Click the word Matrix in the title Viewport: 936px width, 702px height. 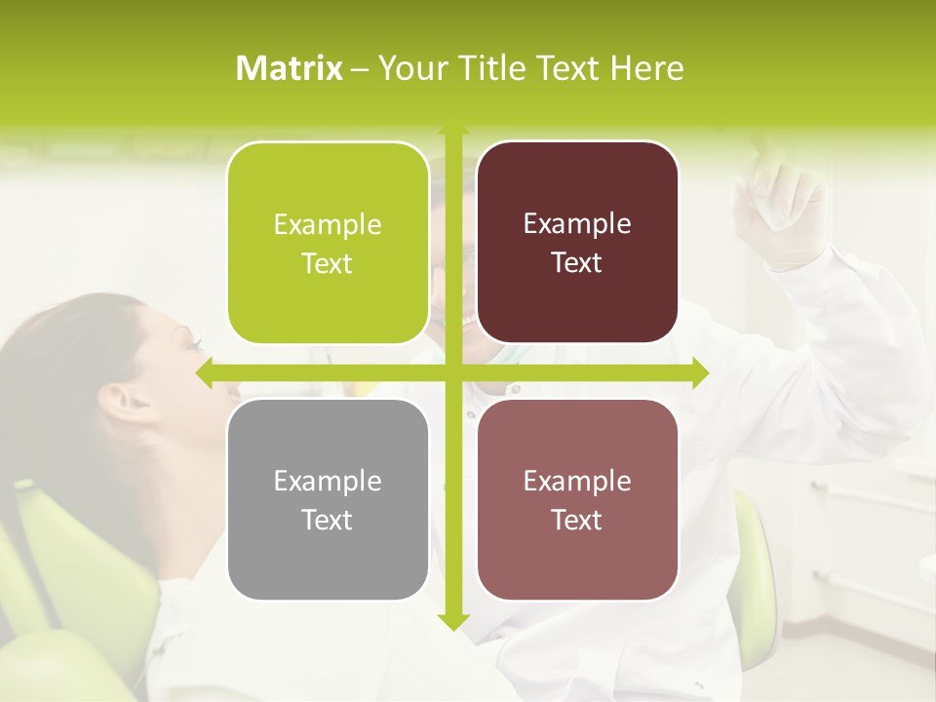click(290, 68)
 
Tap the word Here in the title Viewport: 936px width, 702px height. click(646, 68)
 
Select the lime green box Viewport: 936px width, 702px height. click(328, 243)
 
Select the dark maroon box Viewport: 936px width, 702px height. click(577, 243)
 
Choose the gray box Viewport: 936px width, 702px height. click(328, 499)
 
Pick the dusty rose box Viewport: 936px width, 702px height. click(577, 499)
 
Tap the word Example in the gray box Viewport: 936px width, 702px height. click(328, 481)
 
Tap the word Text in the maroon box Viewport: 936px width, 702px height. click(577, 262)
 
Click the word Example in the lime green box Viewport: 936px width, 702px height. click(328, 224)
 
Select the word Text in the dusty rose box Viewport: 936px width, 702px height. click(577, 520)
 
